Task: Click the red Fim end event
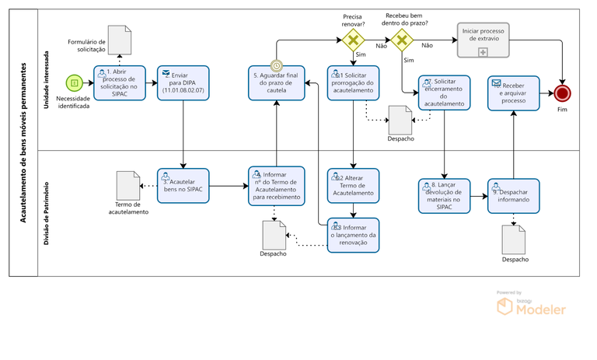coord(563,93)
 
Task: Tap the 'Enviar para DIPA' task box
coord(183,82)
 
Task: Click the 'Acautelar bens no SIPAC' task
coord(183,185)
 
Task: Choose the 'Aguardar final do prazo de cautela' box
coord(276,82)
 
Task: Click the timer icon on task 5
coord(276,67)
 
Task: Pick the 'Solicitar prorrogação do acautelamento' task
coord(353,82)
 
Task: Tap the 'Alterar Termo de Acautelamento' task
coord(353,185)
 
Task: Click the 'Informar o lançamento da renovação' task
coord(353,235)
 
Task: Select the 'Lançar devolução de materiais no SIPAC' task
coord(444,195)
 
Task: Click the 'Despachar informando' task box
coord(514,195)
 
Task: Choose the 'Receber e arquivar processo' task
coord(514,93)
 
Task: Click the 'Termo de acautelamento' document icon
coord(127,184)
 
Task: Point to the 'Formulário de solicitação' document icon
coord(119,39)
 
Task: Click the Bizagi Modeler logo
coord(532,306)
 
